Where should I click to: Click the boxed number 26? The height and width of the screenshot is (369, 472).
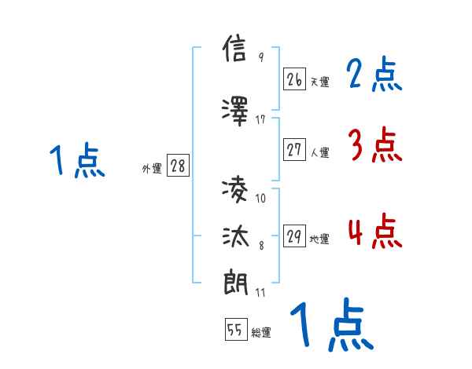294,79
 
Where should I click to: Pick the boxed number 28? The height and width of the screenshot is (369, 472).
178,166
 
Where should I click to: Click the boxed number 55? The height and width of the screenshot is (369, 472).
234,331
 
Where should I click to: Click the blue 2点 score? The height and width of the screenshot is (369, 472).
374,75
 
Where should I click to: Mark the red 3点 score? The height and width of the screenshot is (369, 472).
374,144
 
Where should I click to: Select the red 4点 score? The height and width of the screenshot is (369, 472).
374,232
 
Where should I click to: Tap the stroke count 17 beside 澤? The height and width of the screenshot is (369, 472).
260,119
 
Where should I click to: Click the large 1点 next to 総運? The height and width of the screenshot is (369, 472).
330,325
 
